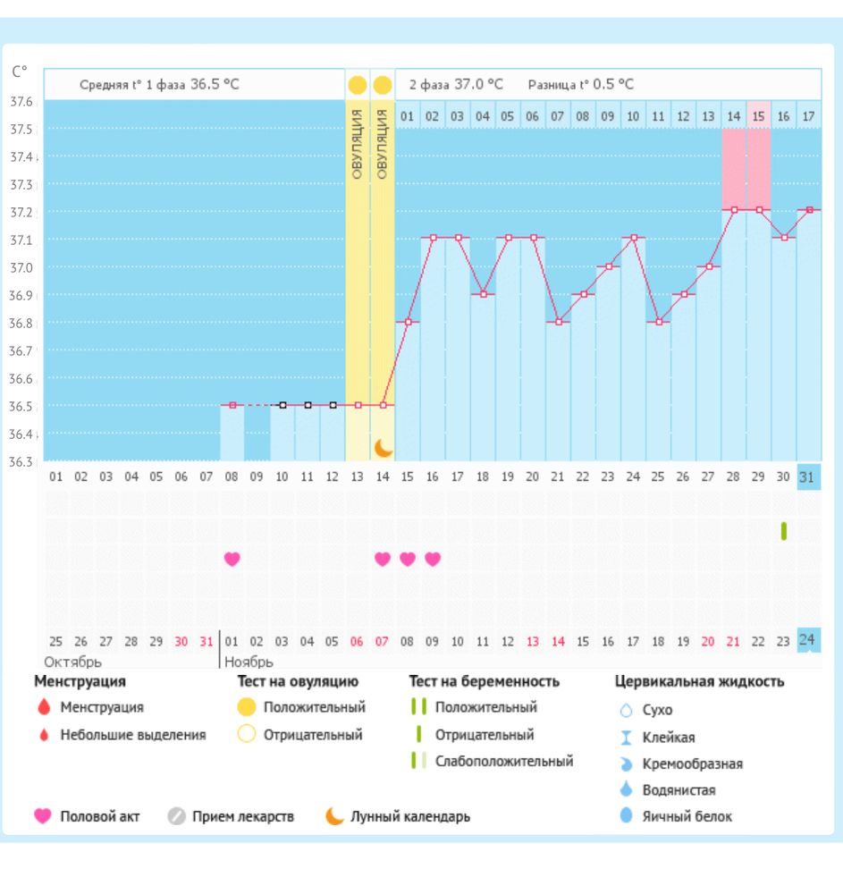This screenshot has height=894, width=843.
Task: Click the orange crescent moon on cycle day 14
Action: pos(384,447)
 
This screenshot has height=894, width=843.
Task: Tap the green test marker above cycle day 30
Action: pos(784,531)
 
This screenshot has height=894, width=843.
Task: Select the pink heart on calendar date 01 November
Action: pos(232,559)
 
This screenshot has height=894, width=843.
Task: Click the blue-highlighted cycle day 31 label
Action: pos(807,477)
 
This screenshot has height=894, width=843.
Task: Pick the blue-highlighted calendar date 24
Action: pos(807,639)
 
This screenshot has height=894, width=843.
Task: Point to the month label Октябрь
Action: pos(72,662)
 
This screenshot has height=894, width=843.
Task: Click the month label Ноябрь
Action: pos(249,662)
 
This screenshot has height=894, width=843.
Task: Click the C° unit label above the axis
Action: pos(20,72)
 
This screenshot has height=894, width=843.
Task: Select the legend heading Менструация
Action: pos(80,681)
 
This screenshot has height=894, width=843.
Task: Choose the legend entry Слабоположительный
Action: pos(504,762)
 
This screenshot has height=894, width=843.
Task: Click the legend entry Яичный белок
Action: pos(687,816)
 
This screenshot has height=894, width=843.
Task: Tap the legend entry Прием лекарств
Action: pos(242,816)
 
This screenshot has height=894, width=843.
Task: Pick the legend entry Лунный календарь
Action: pos(409,816)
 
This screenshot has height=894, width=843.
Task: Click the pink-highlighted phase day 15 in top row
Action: pos(758,115)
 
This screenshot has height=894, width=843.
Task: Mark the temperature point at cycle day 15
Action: pos(408,322)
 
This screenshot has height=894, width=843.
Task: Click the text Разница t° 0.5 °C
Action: pos(580,85)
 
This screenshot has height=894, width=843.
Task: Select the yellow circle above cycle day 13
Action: pos(358,86)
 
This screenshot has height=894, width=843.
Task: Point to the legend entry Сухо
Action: pos(657,711)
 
